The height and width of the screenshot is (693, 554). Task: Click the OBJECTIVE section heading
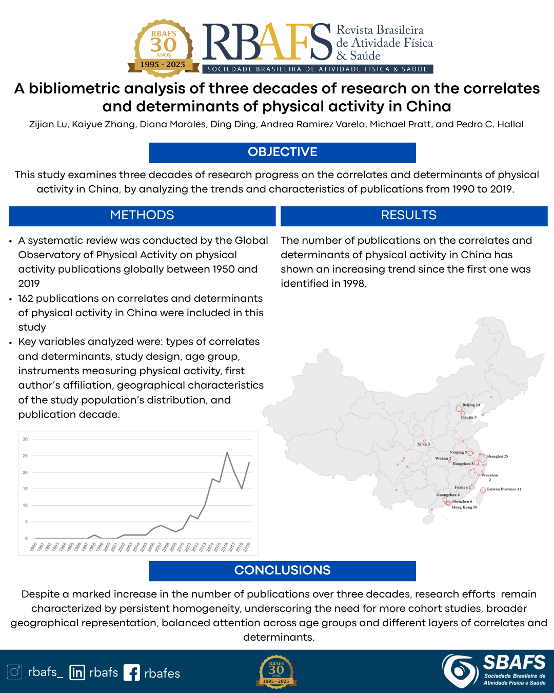point(282,152)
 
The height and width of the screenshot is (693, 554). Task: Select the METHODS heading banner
point(142,216)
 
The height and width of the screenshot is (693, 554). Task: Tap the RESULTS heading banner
point(409,216)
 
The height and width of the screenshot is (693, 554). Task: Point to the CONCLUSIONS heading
point(282,571)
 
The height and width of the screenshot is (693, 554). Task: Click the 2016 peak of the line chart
point(227,453)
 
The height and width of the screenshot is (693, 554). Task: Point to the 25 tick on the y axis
point(25,456)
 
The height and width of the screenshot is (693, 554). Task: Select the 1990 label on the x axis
point(34,547)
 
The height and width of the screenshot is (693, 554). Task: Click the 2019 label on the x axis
point(247,547)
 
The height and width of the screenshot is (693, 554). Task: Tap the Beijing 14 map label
point(471,405)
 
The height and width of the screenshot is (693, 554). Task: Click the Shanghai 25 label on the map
point(497,456)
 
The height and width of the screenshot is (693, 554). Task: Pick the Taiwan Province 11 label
point(504,489)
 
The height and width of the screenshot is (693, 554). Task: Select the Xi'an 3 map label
point(423,444)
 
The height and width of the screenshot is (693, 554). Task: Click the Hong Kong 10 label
point(464,507)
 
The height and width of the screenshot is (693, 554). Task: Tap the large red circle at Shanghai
point(482,458)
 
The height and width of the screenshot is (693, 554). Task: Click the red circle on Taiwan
point(483,490)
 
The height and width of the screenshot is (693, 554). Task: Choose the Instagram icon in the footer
point(14,672)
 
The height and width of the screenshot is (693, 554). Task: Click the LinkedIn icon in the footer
point(77,672)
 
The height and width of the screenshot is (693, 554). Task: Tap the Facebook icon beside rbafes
point(131,672)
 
